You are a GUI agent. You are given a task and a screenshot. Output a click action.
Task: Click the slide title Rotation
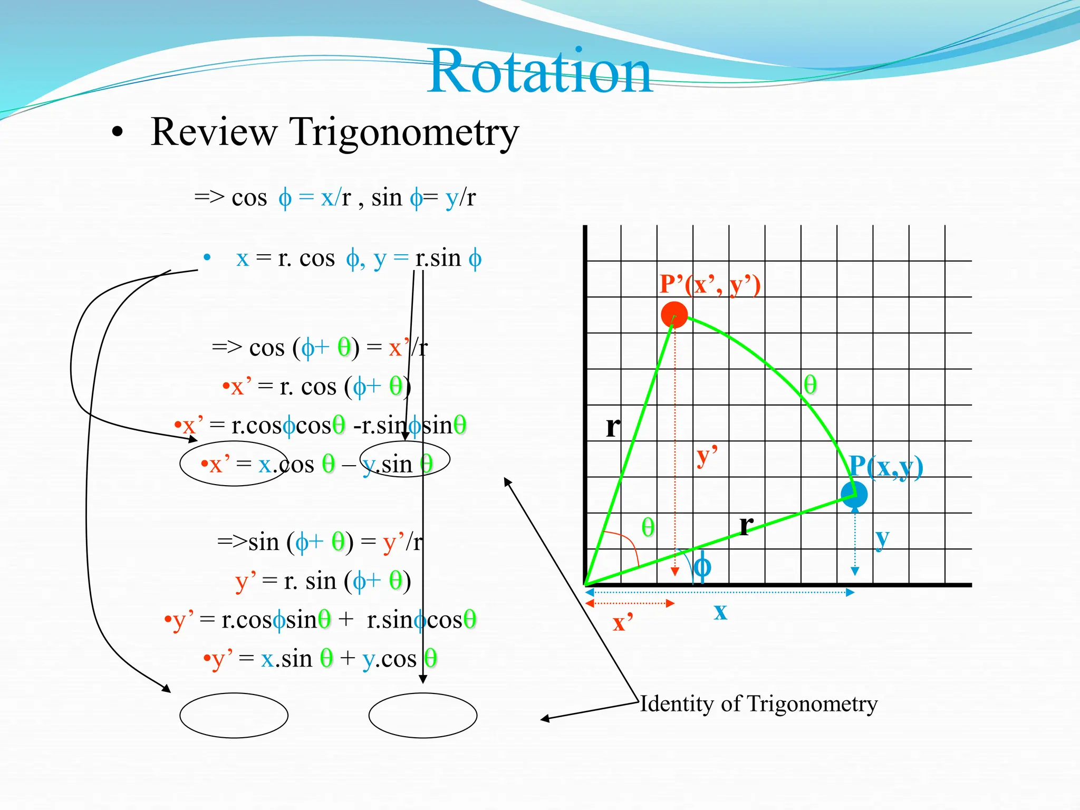[x=540, y=72]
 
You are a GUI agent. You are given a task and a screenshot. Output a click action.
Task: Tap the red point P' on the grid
[x=674, y=315]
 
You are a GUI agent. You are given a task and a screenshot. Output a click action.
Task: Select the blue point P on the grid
[x=854, y=494]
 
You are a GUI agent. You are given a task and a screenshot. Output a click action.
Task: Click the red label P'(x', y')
[x=710, y=285]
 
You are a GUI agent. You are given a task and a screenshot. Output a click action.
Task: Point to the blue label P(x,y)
[x=886, y=467]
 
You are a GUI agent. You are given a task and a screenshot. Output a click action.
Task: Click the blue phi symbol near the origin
[x=702, y=567]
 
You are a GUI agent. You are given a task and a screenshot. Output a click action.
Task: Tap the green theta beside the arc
[x=810, y=384]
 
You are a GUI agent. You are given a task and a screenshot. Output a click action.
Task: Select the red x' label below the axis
[x=622, y=622]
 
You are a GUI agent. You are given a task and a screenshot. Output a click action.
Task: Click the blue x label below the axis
[x=720, y=612]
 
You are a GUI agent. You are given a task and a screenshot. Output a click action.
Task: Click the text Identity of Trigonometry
[x=758, y=704]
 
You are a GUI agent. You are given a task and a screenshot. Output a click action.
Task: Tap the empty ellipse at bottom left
[x=234, y=715]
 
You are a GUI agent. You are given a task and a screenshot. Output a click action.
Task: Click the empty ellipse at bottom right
[x=423, y=715]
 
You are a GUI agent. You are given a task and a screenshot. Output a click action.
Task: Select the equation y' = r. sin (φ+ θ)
[x=323, y=581]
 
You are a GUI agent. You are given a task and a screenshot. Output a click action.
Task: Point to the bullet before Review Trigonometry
[x=118, y=133]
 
